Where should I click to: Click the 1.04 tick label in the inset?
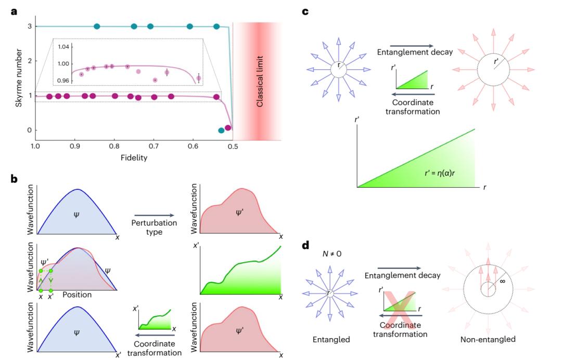63,47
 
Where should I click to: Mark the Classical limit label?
260,81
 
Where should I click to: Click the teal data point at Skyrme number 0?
222,131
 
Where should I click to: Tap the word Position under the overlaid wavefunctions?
78,295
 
